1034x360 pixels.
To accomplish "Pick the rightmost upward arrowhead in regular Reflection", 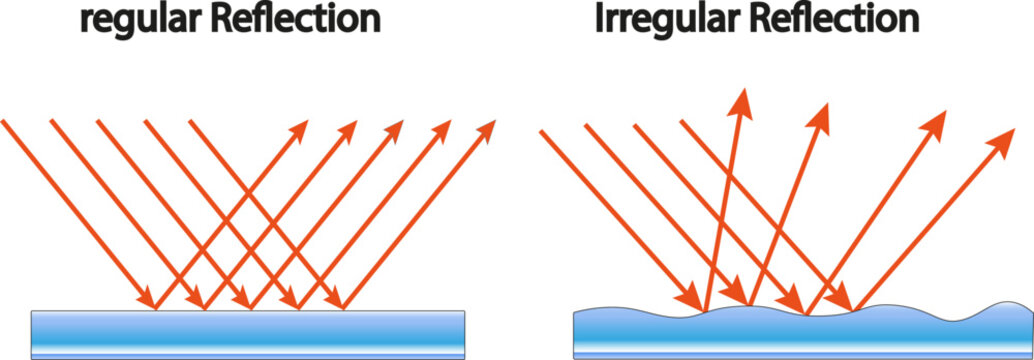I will click(488, 129).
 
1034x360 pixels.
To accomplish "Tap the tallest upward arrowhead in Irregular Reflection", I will click(743, 98).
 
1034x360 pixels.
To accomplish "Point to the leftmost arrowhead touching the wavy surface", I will click(691, 299).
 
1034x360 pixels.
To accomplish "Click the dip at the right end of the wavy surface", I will click(960, 317).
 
